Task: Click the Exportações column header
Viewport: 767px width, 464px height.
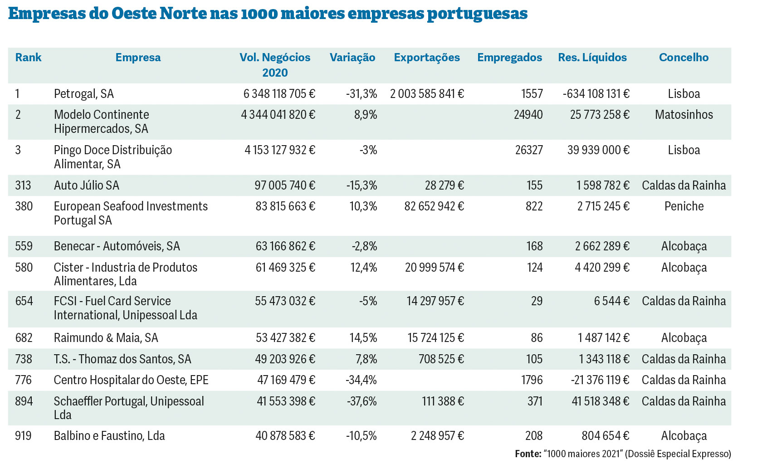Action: pyautogui.click(x=426, y=58)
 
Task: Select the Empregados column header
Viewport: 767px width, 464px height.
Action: pyautogui.click(x=509, y=58)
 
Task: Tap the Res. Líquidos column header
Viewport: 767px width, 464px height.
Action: pyautogui.click(x=592, y=58)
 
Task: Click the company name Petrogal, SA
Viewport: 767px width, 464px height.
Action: pyautogui.click(x=84, y=94)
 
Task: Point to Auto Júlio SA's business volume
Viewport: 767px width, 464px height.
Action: pyautogui.click(x=285, y=185)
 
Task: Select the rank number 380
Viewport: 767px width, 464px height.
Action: pyautogui.click(x=24, y=206)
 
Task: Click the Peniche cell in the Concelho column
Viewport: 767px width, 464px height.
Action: pyautogui.click(x=684, y=206)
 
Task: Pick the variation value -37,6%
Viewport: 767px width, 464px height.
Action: pyautogui.click(x=362, y=401)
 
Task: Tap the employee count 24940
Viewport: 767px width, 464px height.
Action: pyautogui.click(x=528, y=115)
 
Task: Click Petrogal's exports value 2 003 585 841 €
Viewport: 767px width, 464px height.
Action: pyautogui.click(x=427, y=94)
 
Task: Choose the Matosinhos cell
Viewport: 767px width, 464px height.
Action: pyautogui.click(x=684, y=115)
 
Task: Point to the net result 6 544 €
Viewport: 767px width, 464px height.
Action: pyautogui.click(x=611, y=301)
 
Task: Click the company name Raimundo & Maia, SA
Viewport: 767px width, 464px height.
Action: pyautogui.click(x=106, y=338)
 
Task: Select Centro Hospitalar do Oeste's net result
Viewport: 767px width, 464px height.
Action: pyautogui.click(x=600, y=380)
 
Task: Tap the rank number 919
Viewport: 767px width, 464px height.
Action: pyautogui.click(x=24, y=436)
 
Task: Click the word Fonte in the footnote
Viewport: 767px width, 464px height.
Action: pyautogui.click(x=528, y=454)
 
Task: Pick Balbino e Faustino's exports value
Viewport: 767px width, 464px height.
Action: pyautogui.click(x=437, y=436)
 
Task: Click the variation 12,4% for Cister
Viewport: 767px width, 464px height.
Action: pyautogui.click(x=363, y=268)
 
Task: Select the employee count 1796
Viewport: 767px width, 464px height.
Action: pyautogui.click(x=532, y=380)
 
